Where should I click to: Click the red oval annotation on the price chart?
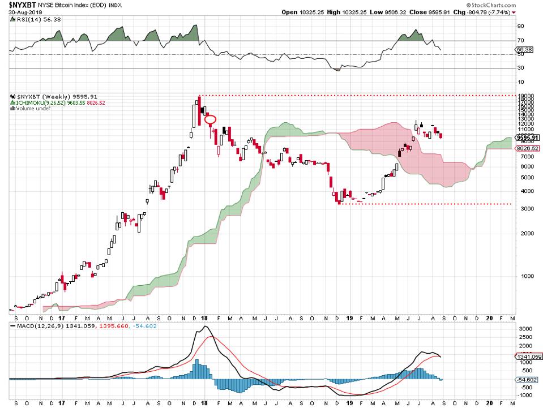pos(211,119)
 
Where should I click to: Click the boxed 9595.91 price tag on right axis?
pos(527,138)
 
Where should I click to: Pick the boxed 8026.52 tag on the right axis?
pos(525,148)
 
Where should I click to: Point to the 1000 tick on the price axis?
pos(522,276)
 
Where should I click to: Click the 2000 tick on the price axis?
pos(522,233)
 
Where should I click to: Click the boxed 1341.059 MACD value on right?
pos(527,357)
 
